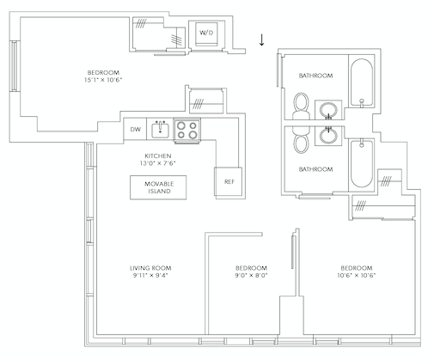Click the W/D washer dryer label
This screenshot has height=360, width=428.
tap(207, 33)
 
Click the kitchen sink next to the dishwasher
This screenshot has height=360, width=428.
tap(159, 129)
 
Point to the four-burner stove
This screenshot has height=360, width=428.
tap(186, 130)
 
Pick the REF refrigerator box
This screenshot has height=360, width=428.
tap(229, 181)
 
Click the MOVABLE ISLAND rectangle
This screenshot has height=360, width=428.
tap(158, 187)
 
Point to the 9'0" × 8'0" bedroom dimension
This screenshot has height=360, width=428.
tap(251, 277)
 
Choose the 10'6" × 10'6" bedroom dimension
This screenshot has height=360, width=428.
tap(356, 277)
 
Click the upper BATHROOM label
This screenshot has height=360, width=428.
tap(315, 76)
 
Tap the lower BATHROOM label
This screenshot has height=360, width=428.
tap(315, 169)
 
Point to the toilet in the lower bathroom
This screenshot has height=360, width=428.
tap(299, 138)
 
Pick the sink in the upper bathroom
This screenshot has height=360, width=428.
tap(327, 109)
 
